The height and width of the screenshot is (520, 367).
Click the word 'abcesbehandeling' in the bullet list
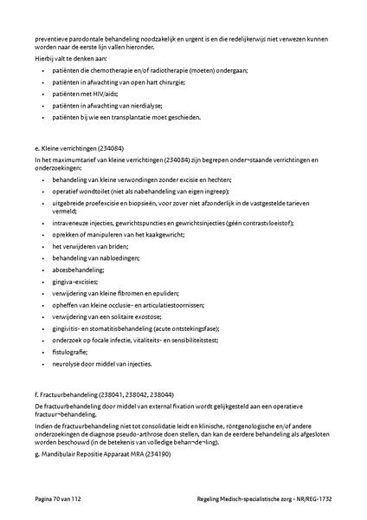(79, 269)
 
